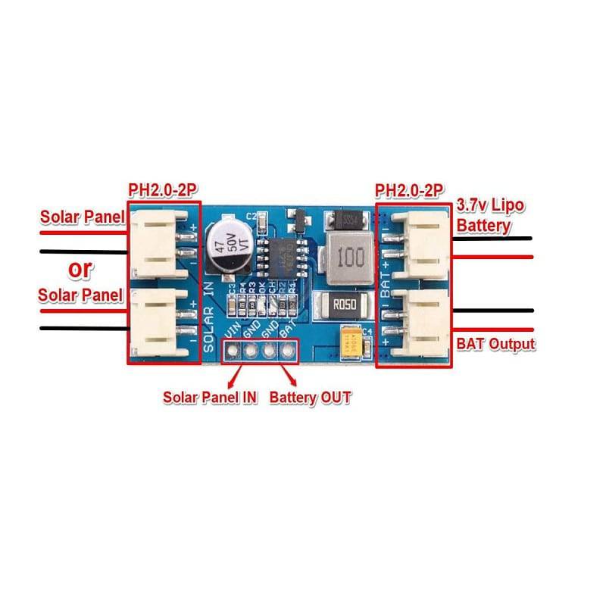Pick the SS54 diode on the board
[x=348, y=220]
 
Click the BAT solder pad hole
[x=287, y=352]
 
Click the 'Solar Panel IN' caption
[x=209, y=397]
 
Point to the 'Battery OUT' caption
[x=310, y=397]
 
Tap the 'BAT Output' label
[x=495, y=344]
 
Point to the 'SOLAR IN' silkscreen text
[x=211, y=317]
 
